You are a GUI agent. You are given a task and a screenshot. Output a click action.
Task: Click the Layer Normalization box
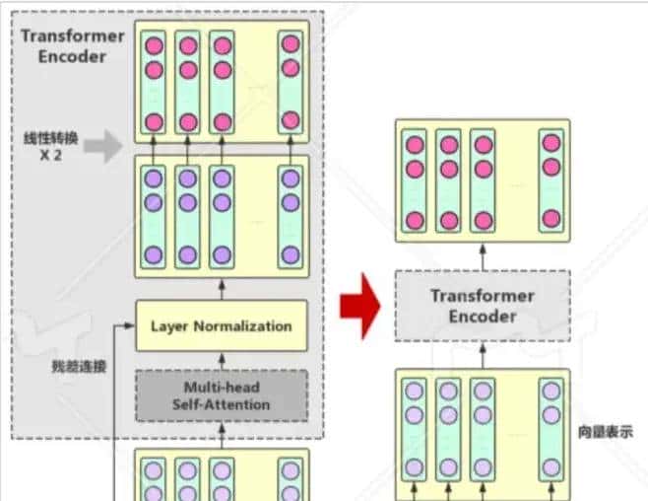[x=221, y=325]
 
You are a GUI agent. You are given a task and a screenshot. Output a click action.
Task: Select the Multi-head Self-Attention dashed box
[x=221, y=395]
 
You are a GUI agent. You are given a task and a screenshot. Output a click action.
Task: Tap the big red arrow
[x=358, y=307]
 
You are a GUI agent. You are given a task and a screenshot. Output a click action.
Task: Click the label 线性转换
[x=45, y=139]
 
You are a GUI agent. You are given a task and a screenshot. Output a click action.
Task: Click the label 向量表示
[x=607, y=431]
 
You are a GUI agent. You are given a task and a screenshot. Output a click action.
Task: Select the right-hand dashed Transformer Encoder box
[x=483, y=306]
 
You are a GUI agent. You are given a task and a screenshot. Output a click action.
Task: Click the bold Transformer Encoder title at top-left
[x=72, y=45]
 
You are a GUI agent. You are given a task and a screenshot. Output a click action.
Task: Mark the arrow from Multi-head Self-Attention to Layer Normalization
[x=221, y=360]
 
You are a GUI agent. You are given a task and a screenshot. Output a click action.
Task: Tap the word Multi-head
[x=221, y=388]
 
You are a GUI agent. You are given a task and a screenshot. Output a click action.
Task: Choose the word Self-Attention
[x=221, y=404]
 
